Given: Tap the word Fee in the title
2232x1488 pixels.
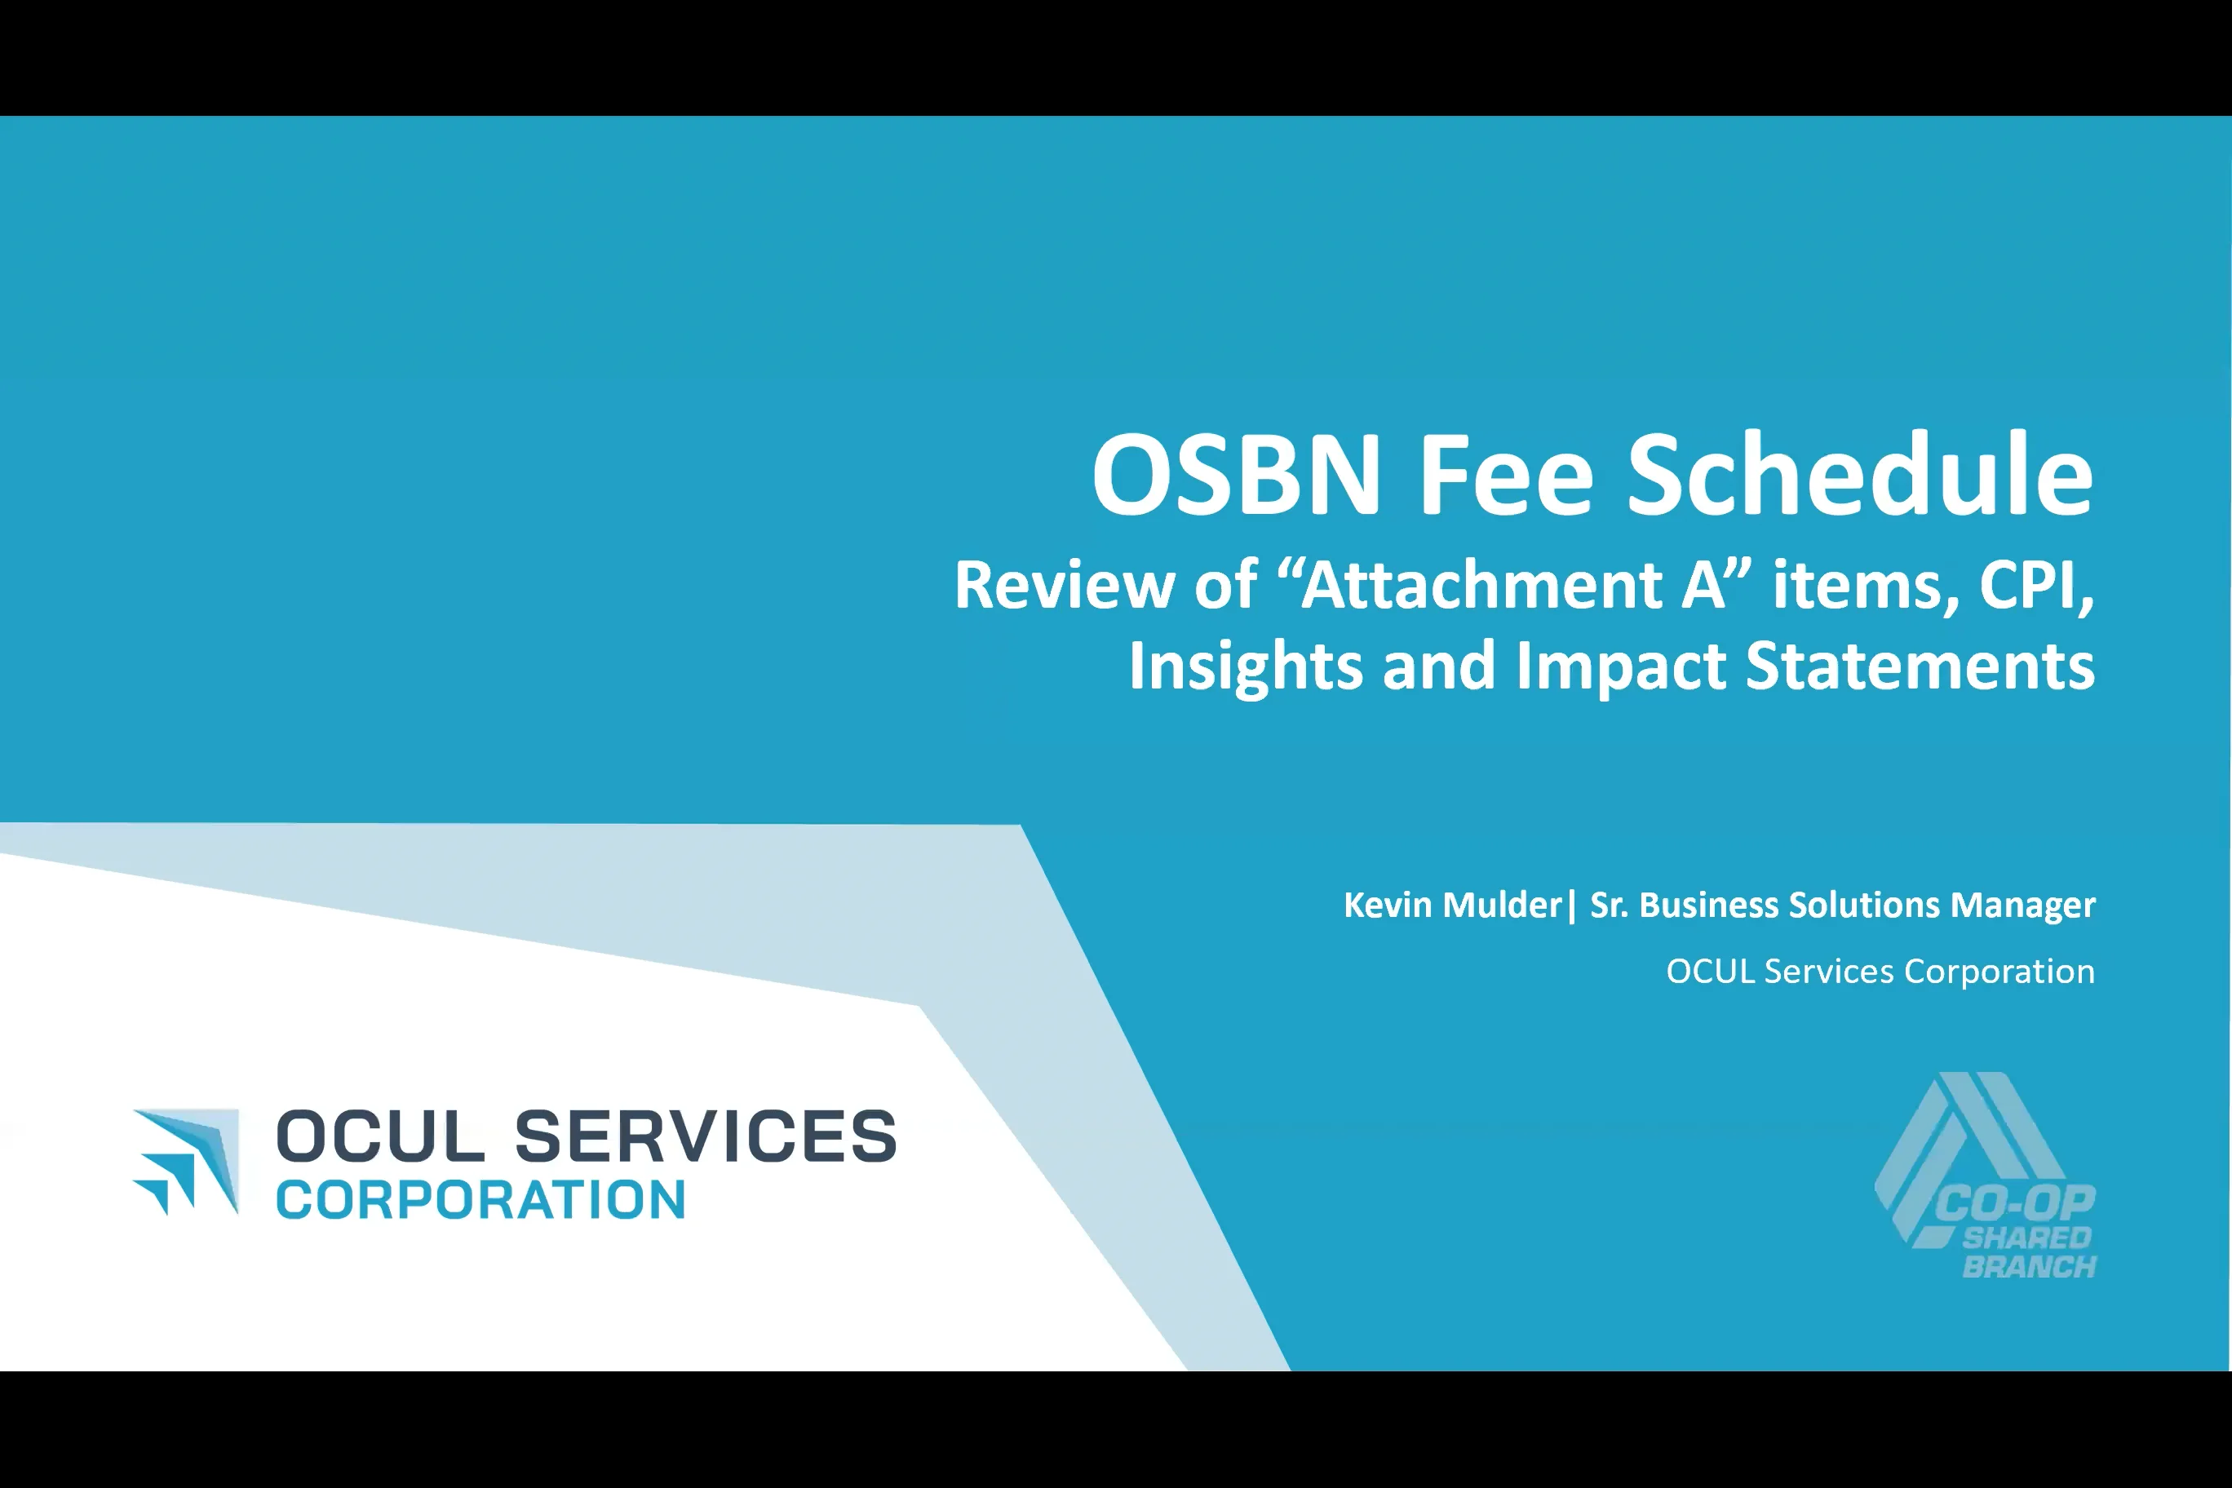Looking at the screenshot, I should [x=1504, y=475].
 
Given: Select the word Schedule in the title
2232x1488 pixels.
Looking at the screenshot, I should [x=1860, y=475].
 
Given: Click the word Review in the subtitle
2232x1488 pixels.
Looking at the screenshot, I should [x=1065, y=585].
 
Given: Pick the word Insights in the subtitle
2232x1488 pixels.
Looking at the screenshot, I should [x=1245, y=666].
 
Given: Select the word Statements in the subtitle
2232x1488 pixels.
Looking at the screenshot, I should [x=1920, y=666].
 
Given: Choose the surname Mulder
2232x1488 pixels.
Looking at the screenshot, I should [x=1501, y=906].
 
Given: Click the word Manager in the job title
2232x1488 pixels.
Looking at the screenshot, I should [x=2022, y=906].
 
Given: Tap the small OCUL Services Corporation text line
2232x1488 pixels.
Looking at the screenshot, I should [x=1880, y=972].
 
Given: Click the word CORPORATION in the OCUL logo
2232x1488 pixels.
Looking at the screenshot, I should [x=480, y=1199].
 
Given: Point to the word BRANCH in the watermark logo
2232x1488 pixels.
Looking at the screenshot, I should [x=2029, y=1267].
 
